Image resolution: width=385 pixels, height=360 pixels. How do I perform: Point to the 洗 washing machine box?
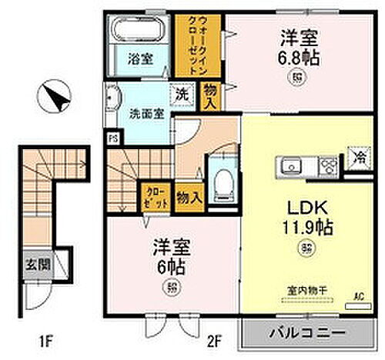click(185, 90)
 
